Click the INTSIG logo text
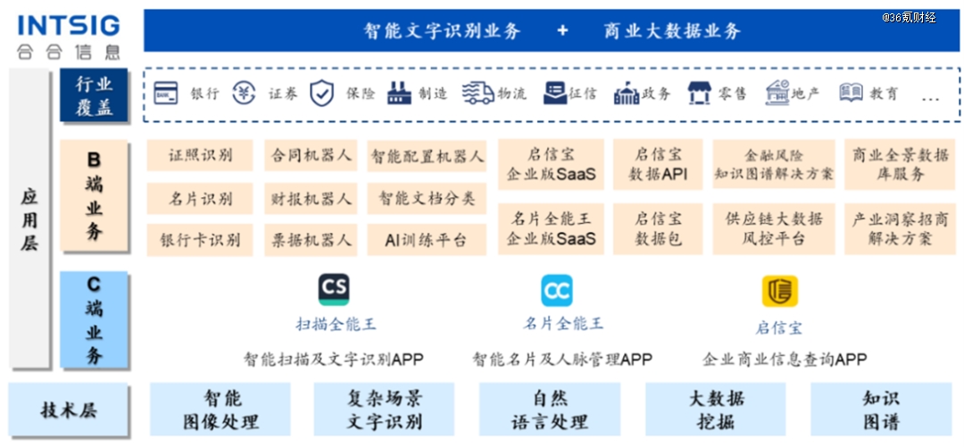69,25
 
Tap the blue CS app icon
334,290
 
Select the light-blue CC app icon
557,291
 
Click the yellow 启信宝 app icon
780,291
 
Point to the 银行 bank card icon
166,94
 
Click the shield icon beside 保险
321,94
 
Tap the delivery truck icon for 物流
478,94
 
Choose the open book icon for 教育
852,93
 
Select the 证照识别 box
200,155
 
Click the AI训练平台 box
427,240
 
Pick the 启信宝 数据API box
658,164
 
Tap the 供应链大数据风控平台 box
774,228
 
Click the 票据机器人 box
312,240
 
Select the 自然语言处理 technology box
550,410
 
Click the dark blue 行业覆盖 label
94,95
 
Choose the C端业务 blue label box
94,319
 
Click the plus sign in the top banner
562,30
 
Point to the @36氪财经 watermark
909,18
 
